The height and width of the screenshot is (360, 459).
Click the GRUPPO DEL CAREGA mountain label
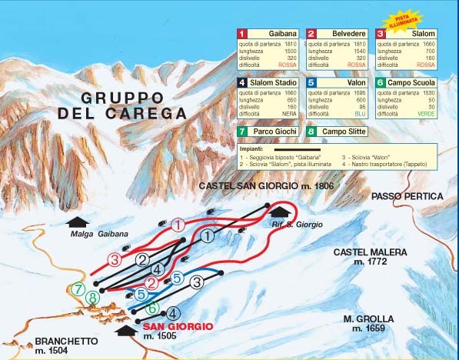click(x=122, y=105)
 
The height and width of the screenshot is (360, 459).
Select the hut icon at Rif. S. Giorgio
click(x=281, y=211)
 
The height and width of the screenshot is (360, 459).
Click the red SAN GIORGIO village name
click(x=178, y=326)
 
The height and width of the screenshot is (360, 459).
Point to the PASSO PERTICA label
click(x=407, y=197)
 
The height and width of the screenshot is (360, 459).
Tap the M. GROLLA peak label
click(x=369, y=323)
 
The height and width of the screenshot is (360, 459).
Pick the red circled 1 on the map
click(x=178, y=225)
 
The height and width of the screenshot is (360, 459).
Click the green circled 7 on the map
click(x=78, y=289)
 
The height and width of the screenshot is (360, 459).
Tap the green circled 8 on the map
click(x=93, y=298)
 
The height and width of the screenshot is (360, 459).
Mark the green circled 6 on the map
click(x=153, y=308)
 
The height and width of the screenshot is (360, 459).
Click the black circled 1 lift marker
click(x=207, y=237)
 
